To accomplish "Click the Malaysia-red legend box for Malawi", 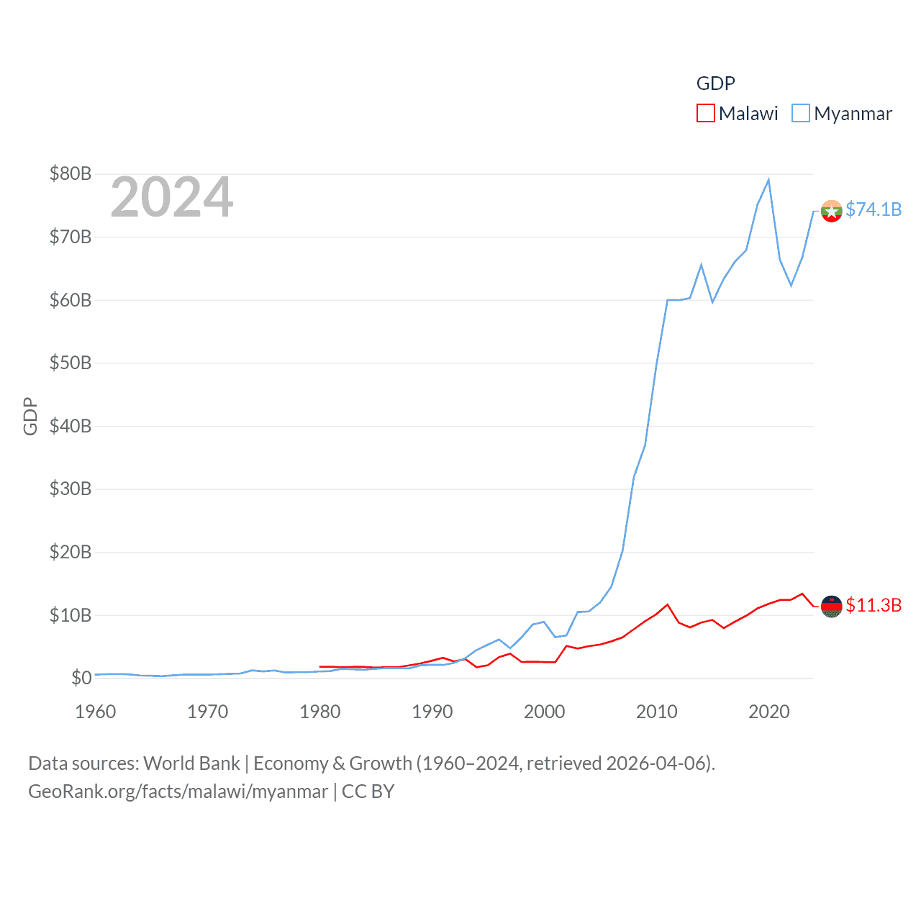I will (705, 114).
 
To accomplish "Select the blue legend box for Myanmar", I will (801, 114).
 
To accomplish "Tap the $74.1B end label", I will (873, 209).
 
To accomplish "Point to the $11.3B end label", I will (873, 605).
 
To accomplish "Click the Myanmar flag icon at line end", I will (831, 211).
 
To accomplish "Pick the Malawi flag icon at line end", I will (831, 607).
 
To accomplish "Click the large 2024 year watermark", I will (171, 196).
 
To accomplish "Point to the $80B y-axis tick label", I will (70, 173).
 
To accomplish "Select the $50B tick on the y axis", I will (70, 363).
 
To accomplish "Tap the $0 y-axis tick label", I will (81, 678).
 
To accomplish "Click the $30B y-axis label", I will (70, 489).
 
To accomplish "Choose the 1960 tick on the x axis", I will (96, 712).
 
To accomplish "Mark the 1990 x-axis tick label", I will (432, 712).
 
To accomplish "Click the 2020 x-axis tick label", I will (769, 712).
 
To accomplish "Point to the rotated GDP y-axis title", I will (30, 416).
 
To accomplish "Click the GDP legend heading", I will (715, 83).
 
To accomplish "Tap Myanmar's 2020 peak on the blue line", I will (768, 180).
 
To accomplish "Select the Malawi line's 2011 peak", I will (668, 604).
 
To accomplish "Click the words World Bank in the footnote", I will (191, 763).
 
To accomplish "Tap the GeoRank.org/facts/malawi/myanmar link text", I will (178, 791).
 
